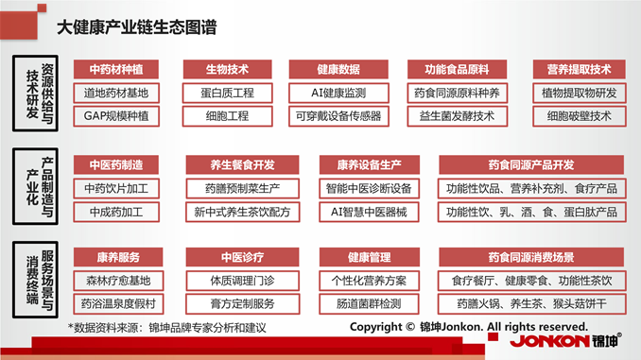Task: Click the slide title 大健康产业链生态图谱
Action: click(136, 28)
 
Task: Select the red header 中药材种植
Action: click(116, 70)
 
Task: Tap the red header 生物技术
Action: click(227, 70)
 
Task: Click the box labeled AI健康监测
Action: click(338, 93)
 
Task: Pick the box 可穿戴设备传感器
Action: click(338, 116)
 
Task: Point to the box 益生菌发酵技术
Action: click(458, 116)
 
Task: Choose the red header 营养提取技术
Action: click(579, 70)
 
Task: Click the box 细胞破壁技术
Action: click(579, 116)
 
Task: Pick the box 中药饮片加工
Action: click(116, 188)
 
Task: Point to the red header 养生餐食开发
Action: click(242, 164)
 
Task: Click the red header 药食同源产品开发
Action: click(530, 164)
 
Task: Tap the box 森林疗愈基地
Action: click(116, 281)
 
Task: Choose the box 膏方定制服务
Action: click(242, 304)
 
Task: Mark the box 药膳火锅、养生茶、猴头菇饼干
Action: click(530, 304)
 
